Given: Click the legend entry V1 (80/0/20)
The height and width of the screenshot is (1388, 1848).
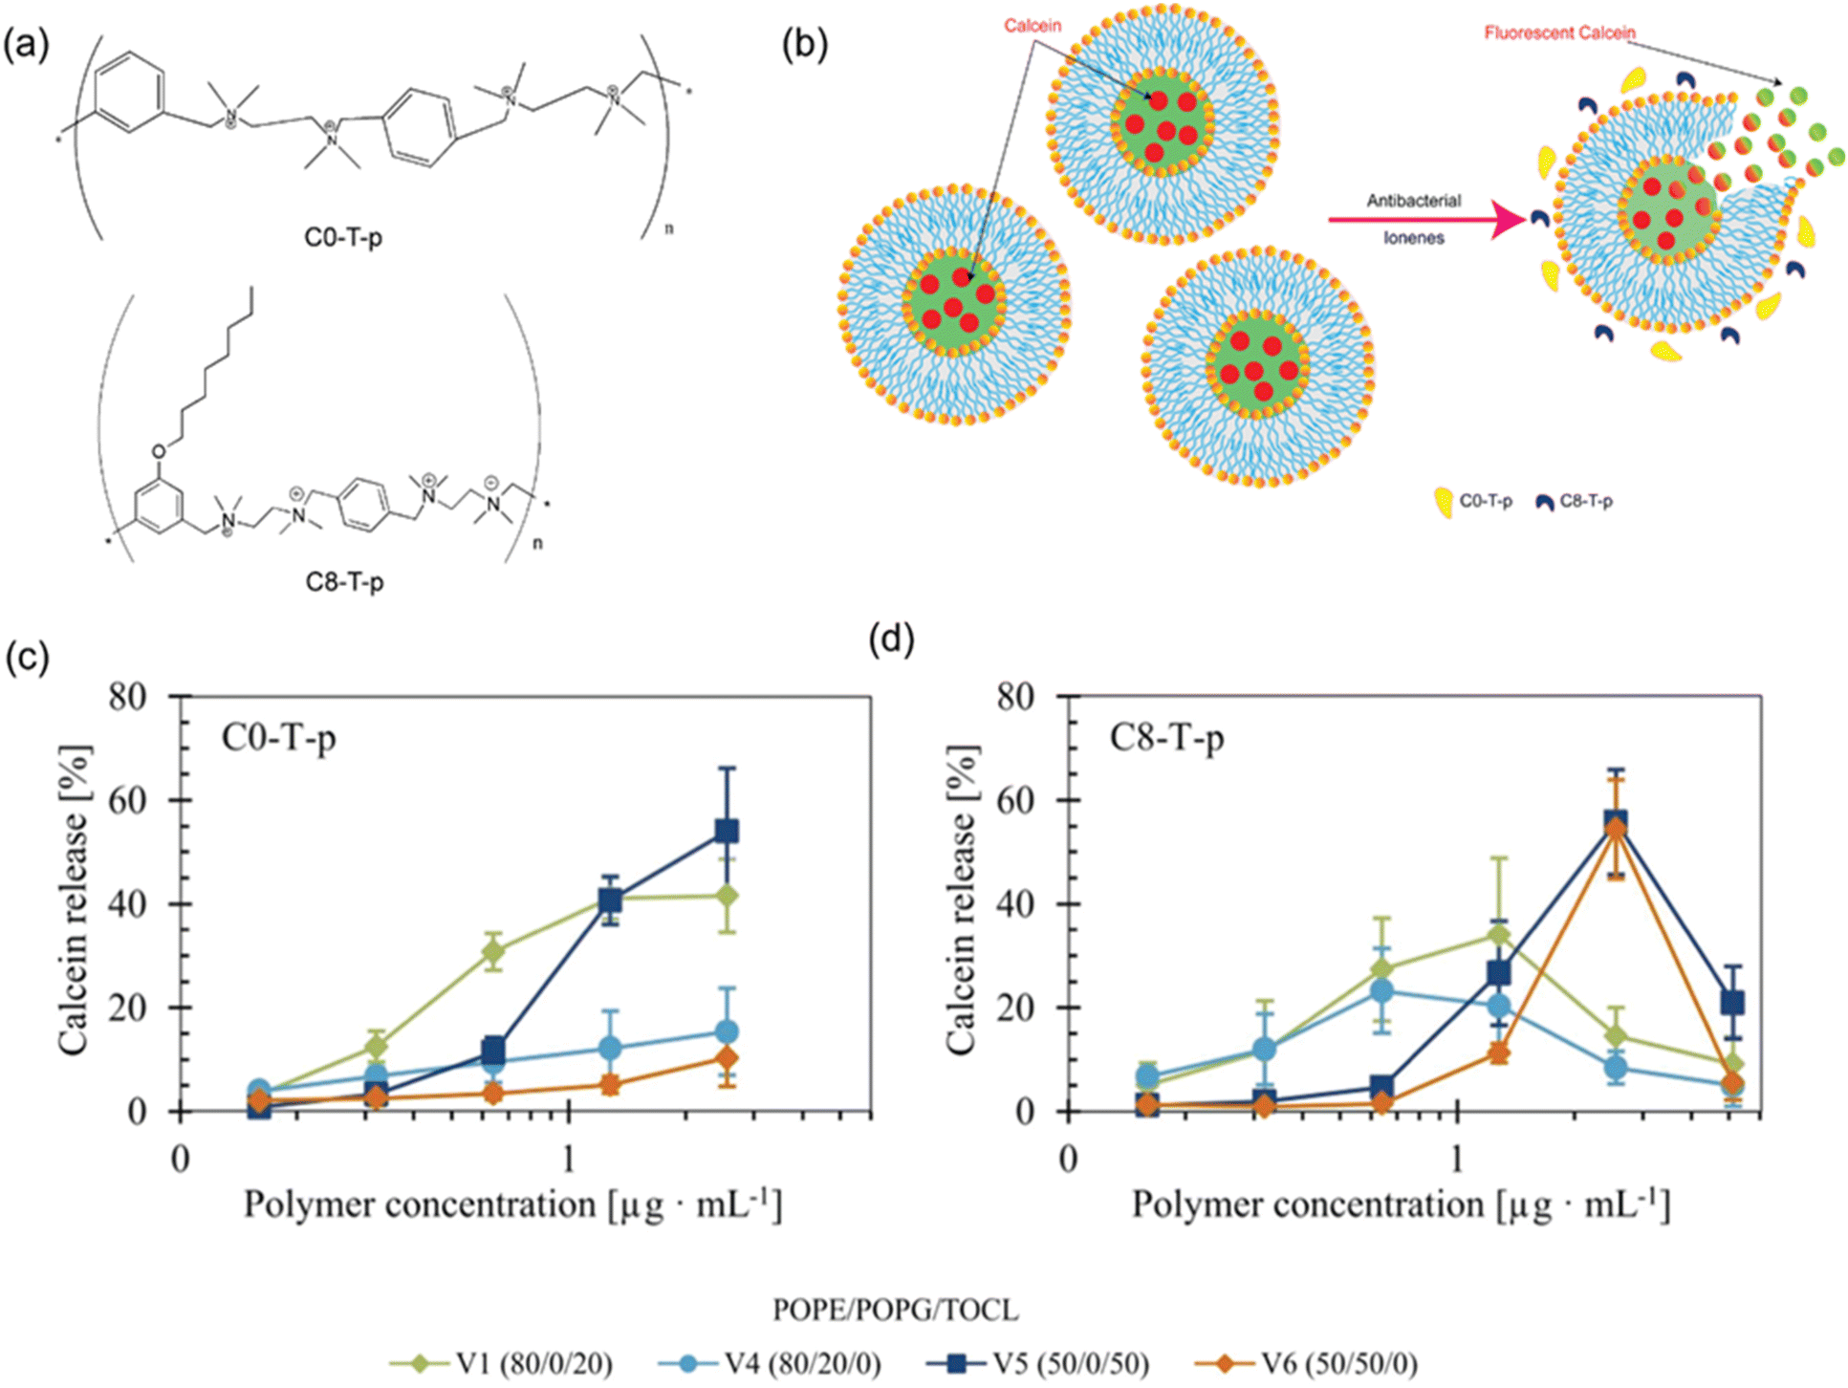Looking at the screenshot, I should (x=501, y=1362).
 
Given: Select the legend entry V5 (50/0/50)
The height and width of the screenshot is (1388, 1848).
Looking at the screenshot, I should (x=1037, y=1362).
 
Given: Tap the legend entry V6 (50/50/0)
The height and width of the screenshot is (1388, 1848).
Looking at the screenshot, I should (x=1306, y=1362).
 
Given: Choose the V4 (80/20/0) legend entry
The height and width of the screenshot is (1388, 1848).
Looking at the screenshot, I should (x=770, y=1362).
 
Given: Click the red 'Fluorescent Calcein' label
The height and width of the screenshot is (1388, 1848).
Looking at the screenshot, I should (x=1559, y=33).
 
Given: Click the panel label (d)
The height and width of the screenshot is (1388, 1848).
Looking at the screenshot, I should (x=891, y=638).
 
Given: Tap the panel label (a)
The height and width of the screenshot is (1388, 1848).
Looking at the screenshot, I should (x=26, y=44).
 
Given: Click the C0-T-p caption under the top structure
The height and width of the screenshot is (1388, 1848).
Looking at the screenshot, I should (x=343, y=236).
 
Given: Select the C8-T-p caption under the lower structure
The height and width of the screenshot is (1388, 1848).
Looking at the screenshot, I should (x=344, y=581).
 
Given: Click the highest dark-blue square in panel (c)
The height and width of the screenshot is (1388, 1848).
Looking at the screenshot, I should (x=727, y=831).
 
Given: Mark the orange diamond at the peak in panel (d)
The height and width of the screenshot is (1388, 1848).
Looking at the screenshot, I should (x=1616, y=829).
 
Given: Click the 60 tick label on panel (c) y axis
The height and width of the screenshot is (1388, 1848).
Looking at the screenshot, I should (x=128, y=800).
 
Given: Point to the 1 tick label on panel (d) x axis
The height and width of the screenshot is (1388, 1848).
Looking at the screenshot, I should (x=1457, y=1160).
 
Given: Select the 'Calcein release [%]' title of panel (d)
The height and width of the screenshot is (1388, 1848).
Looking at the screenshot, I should (x=961, y=900).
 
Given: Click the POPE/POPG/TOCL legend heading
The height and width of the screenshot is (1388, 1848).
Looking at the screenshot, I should (x=895, y=1309).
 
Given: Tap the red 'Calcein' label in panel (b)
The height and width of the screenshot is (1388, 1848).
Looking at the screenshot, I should (x=1032, y=26).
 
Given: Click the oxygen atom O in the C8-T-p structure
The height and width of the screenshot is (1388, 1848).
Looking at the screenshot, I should (x=159, y=451).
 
